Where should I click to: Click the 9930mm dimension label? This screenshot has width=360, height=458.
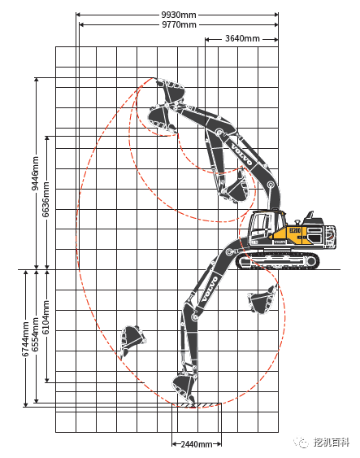point(179,15)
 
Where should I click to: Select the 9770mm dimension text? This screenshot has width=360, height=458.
point(179,24)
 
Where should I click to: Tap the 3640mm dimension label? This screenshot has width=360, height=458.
point(242,38)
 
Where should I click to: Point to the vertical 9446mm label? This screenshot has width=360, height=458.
point(35,173)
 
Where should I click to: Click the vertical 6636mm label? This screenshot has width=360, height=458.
point(46,199)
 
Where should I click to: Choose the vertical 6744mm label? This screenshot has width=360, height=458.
point(25,339)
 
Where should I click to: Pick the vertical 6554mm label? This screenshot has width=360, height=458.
point(35,334)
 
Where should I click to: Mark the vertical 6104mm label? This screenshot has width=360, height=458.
point(46,317)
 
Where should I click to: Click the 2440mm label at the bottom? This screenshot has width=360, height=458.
point(197,444)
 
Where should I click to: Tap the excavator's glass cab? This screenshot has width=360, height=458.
point(261,227)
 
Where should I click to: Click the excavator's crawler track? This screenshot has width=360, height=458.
point(277,260)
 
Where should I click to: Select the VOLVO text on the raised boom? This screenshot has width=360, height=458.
point(241,154)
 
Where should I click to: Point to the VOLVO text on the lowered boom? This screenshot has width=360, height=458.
point(210,289)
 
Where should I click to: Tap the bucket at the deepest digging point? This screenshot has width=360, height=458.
point(184,389)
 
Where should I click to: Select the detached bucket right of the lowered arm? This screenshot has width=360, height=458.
point(262,299)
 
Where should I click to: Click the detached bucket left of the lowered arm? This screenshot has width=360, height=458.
point(132,340)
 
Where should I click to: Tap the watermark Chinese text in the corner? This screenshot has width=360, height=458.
point(332,443)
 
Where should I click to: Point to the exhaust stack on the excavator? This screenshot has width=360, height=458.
point(310,215)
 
